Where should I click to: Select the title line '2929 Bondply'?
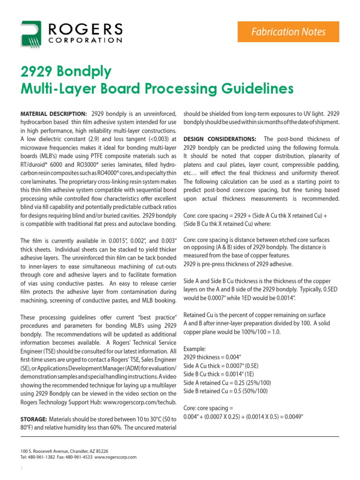(66, 71)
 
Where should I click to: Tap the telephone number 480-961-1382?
(40, 457)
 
